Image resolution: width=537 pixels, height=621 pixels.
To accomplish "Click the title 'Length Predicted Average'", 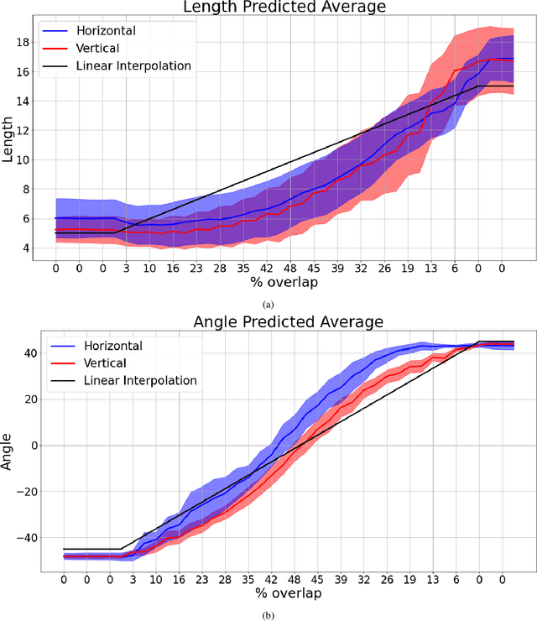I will click(284, 8).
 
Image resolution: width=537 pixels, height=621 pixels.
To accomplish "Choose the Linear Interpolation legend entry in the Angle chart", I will click(140, 380).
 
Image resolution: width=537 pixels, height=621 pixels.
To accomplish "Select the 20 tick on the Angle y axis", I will click(29, 399).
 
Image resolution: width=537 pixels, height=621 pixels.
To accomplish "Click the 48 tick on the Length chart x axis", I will click(290, 268).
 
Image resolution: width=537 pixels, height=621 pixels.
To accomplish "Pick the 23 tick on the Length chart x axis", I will click(196, 268).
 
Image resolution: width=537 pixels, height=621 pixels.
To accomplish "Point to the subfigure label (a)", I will click(268, 304).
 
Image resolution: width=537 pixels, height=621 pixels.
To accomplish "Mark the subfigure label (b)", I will click(268, 615).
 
